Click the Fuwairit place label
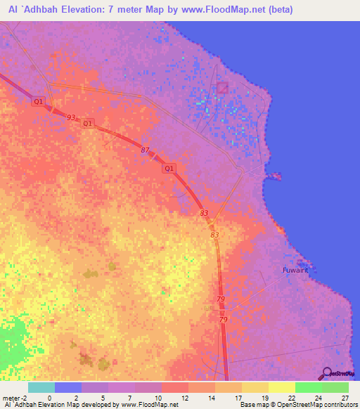295,269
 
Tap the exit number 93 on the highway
70,117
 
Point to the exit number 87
146,150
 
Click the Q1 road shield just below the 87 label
169,169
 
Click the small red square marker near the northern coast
223,88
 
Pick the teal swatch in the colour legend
41,387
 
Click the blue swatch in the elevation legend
67,387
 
